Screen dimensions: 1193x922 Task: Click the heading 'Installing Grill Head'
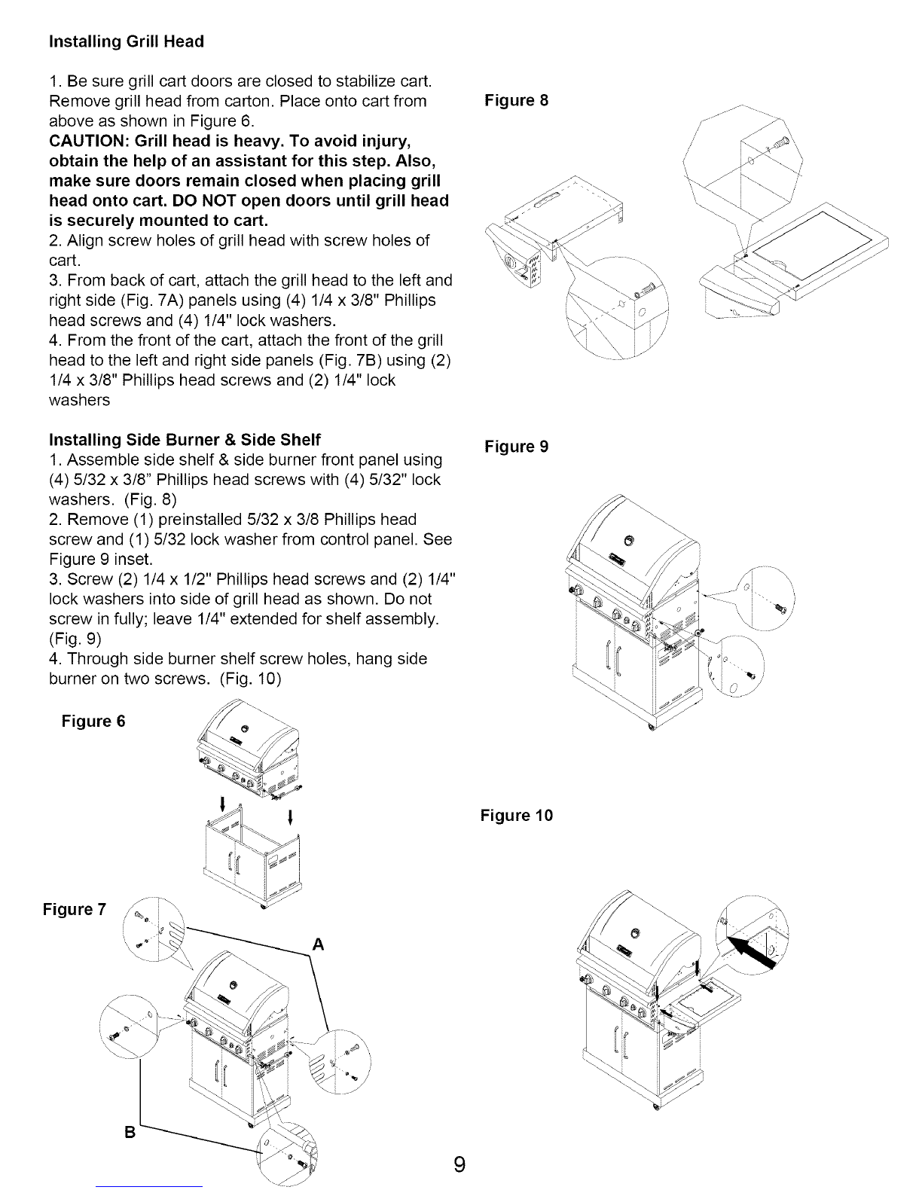(x=126, y=41)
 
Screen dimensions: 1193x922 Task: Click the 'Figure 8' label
(x=517, y=101)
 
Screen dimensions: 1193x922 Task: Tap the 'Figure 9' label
(x=517, y=447)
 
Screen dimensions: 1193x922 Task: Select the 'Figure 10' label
(x=517, y=816)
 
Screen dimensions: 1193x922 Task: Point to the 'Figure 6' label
(x=93, y=722)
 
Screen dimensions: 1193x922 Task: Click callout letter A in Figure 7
(x=319, y=945)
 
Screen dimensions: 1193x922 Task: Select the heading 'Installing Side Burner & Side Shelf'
(x=185, y=439)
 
